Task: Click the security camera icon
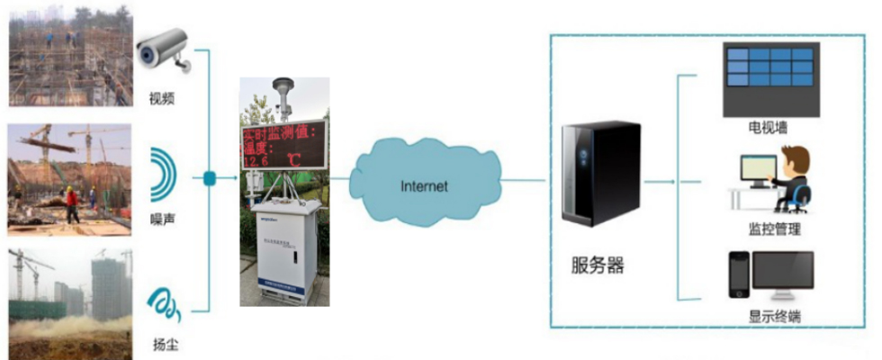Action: [164, 51]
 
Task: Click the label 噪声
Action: [163, 220]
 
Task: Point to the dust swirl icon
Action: [165, 305]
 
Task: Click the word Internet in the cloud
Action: [424, 186]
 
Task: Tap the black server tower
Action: [599, 174]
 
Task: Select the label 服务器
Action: [598, 265]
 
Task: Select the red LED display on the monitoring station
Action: [283, 145]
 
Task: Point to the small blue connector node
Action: [209, 178]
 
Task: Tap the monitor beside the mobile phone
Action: [783, 275]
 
